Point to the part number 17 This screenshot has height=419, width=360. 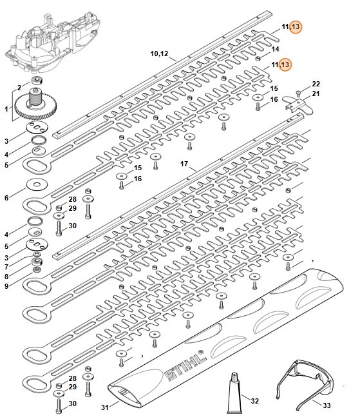[184, 164]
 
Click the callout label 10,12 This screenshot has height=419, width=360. [159, 54]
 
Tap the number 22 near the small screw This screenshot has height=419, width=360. [316, 84]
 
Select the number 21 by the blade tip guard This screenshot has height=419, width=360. [316, 93]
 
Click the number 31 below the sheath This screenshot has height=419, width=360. [105, 407]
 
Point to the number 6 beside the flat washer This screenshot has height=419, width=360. [6, 198]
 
